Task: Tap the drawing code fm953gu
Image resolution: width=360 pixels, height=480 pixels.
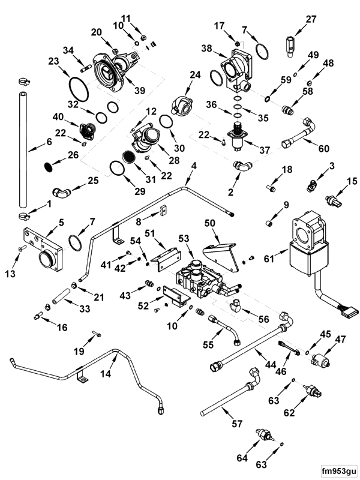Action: pyautogui.click(x=338, y=470)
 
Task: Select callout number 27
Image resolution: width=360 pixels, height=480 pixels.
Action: pyautogui.click(x=311, y=19)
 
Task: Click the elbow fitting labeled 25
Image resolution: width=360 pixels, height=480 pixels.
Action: pyautogui.click(x=61, y=193)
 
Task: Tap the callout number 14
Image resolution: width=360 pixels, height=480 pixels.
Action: pyautogui.click(x=106, y=373)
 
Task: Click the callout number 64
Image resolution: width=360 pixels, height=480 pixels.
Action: pyautogui.click(x=242, y=458)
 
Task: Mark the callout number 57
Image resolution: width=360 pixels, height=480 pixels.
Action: pyautogui.click(x=237, y=424)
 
